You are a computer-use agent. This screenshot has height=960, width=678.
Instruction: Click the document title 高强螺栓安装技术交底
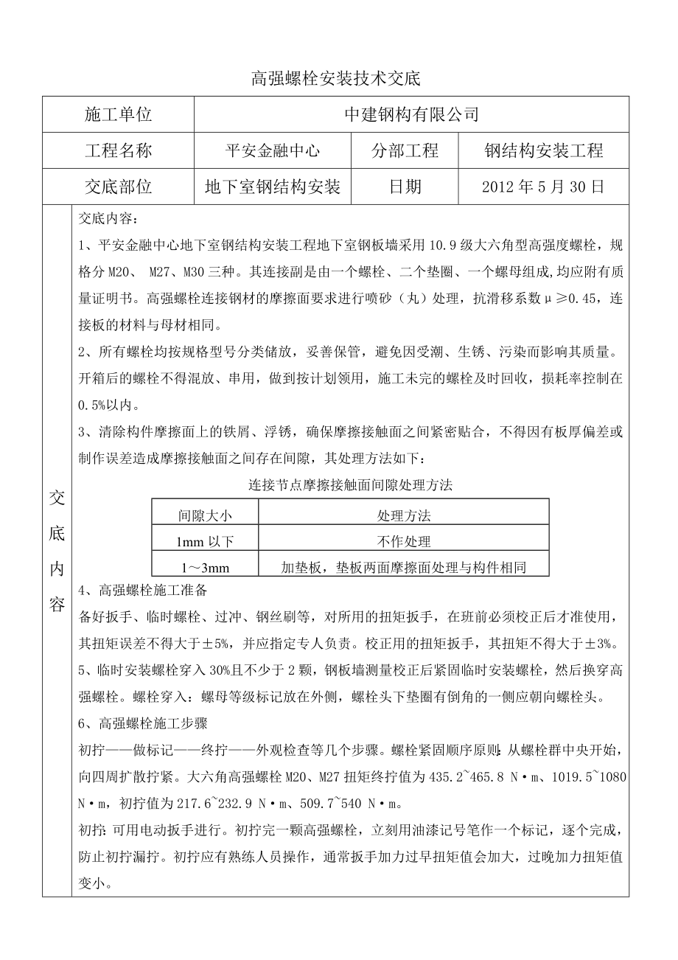point(335,79)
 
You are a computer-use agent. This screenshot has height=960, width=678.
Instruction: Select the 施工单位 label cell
point(118,115)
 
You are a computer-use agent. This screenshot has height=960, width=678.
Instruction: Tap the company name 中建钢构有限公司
point(412,115)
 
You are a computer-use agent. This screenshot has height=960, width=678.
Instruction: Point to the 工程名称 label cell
point(118,151)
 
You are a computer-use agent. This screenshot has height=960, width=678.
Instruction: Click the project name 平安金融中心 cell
point(272,151)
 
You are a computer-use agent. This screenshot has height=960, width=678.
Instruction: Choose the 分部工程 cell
point(405,151)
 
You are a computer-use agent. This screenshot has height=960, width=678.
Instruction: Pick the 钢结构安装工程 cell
point(544,151)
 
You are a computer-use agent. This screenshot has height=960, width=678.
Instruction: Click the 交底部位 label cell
point(118,187)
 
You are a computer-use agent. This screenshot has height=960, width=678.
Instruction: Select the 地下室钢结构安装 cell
point(272,187)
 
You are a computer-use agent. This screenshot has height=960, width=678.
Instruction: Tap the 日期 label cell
point(405,187)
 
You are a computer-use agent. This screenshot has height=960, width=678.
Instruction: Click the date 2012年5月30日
point(544,187)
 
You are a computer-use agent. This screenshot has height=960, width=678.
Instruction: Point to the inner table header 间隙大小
point(204,515)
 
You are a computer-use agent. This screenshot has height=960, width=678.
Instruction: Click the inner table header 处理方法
point(403,515)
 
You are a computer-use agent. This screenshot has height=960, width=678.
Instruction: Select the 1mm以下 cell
point(204,541)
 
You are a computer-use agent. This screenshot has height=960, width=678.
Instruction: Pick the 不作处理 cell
point(403,541)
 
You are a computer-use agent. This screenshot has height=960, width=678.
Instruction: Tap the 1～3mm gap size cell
point(204,567)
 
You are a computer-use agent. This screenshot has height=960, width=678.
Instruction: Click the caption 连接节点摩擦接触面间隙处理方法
point(350,485)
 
